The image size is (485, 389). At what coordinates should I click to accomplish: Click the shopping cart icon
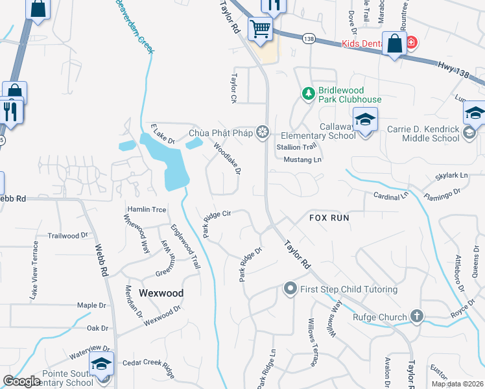pos(260,29)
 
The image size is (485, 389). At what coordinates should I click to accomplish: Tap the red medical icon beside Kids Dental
pos(411,43)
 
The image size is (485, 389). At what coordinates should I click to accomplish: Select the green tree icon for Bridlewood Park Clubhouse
pos(309,95)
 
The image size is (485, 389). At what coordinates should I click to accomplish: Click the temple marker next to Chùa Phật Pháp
pos(263,133)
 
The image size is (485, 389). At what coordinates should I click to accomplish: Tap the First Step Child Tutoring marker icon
pos(290,289)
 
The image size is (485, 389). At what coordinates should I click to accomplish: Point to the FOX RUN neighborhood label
pos(329,218)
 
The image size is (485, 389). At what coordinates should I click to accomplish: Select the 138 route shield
pos(309,39)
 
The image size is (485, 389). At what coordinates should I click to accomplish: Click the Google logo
pos(21,381)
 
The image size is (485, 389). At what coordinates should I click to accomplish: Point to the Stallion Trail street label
pos(297,147)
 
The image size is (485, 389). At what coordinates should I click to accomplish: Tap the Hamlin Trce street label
pos(147,209)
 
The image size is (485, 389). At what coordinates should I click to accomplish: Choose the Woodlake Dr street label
pos(228,159)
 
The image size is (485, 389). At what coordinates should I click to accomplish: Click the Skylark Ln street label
pos(451,176)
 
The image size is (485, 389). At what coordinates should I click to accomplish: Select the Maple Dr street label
pos(91,305)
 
